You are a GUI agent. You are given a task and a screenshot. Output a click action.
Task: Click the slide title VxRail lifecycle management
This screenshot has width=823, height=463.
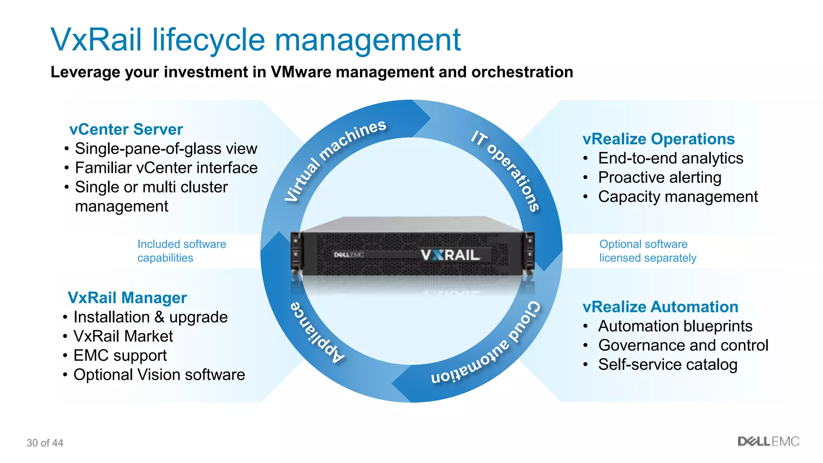pos(256,40)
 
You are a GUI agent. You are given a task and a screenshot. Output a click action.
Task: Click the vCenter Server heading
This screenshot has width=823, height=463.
pos(126,129)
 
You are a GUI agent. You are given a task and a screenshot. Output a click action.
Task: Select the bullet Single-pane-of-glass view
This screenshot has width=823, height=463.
pos(166,149)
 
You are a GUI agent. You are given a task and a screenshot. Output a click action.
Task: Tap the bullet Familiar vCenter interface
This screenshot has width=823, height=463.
pos(166,168)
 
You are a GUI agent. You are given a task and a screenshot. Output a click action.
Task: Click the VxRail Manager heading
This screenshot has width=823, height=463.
pos(127,298)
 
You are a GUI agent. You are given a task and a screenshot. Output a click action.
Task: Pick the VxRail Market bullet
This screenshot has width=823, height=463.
pos(123,336)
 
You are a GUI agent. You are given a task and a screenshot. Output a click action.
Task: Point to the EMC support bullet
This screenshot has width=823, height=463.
pos(120,356)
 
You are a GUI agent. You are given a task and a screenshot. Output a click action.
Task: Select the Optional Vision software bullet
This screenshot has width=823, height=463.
pos(159,375)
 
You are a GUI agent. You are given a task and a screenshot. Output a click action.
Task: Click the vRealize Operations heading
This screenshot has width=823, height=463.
pos(658,139)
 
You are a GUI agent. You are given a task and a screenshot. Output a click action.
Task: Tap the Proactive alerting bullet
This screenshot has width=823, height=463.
pos(659,178)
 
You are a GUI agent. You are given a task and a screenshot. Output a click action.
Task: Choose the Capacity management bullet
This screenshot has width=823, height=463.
pos(678,197)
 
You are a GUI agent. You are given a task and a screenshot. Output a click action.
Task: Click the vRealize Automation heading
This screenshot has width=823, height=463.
pos(660,307)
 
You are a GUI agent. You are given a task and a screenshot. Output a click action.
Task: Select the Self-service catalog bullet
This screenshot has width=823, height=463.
pos(667,365)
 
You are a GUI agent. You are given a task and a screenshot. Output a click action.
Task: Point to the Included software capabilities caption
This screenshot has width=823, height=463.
pos(182,251)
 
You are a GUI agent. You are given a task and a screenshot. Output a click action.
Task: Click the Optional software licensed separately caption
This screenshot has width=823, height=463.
pos(647,251)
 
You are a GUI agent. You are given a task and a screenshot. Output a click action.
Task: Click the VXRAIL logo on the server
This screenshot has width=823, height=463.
pos(450,255)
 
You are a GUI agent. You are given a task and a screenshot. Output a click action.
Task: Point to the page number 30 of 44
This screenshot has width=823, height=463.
pos(45,443)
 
